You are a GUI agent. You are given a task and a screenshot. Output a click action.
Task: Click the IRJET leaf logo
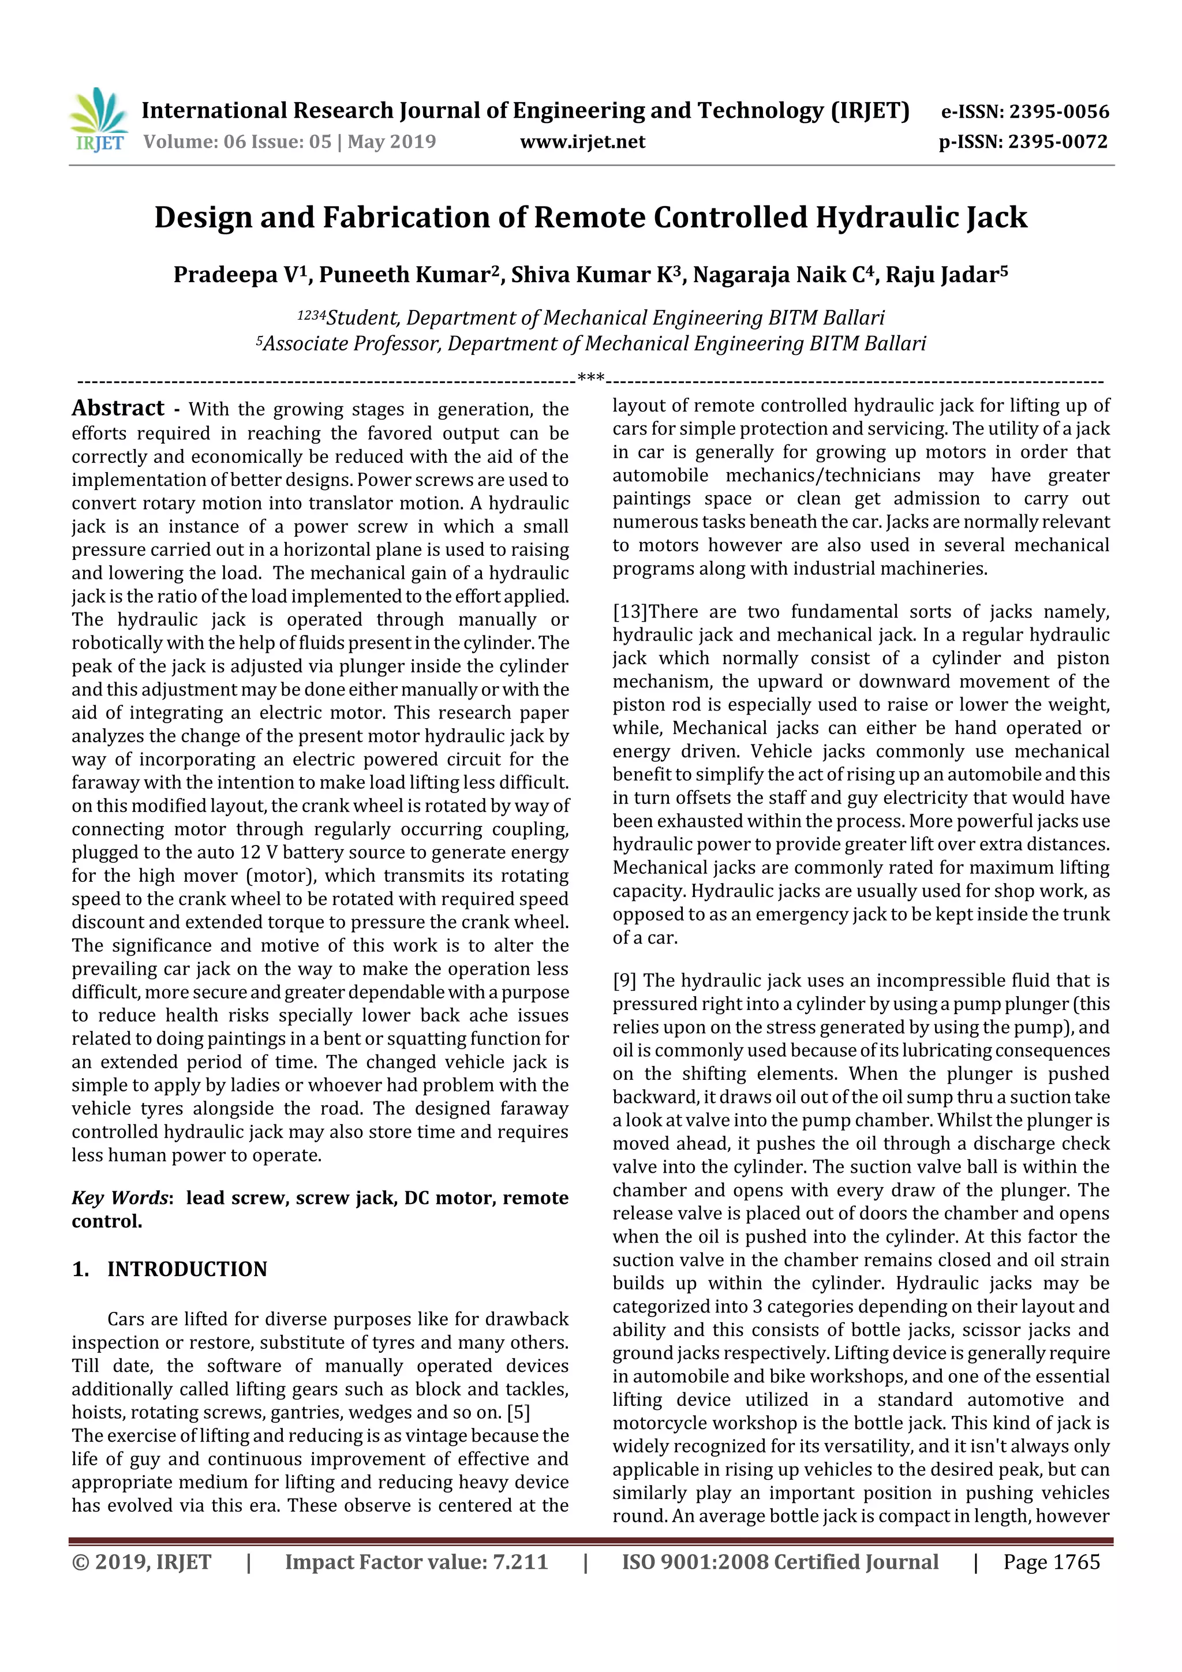click(x=98, y=120)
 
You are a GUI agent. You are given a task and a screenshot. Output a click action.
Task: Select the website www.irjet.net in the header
click(x=582, y=141)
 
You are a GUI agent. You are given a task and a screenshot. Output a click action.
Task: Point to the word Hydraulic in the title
click(x=885, y=217)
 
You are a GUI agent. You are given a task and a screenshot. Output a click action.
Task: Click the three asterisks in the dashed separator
click(x=590, y=379)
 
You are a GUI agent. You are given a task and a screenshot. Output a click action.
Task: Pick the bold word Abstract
click(x=118, y=408)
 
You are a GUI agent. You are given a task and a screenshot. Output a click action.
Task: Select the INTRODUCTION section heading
click(x=187, y=1269)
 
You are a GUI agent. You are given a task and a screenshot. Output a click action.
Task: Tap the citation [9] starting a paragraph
click(x=624, y=981)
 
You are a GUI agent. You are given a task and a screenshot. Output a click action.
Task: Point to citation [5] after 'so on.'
click(x=518, y=1413)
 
